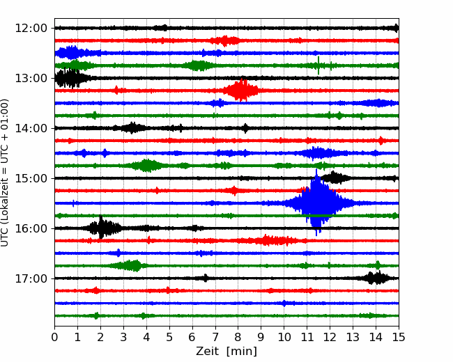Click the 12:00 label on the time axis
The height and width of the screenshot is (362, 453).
point(31,29)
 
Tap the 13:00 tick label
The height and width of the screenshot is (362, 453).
point(31,78)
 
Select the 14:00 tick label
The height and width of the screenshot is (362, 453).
point(31,128)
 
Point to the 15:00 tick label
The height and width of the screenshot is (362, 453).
point(31,178)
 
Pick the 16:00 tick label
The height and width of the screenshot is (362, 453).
point(31,228)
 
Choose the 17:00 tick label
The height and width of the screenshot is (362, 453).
point(31,278)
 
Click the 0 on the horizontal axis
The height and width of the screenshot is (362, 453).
point(54,337)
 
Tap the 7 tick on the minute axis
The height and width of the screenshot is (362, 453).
point(215,337)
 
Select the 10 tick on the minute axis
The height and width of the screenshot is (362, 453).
point(284,337)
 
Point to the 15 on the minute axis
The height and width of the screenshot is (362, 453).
point(399,337)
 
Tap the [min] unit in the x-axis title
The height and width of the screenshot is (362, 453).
point(242,352)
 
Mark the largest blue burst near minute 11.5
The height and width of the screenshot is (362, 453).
point(317,203)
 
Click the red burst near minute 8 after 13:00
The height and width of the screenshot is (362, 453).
point(240,90)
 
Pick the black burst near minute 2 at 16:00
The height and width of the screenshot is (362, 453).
point(101,228)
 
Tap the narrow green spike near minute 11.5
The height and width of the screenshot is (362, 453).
point(318,65)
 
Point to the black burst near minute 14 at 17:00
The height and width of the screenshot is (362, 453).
point(375,278)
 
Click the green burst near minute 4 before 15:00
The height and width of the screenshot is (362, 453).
point(147,166)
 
